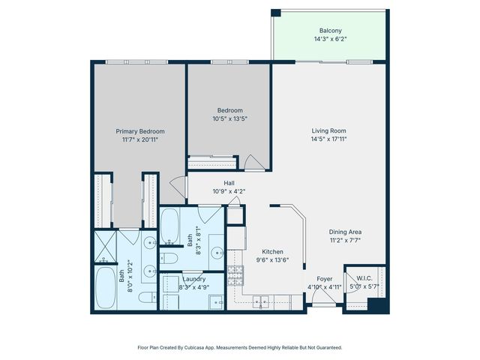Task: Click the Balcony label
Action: (331, 31)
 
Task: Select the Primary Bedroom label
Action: (139, 131)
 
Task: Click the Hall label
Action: (229, 183)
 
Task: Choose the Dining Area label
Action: (345, 232)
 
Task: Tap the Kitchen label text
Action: (273, 252)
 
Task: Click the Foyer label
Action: (324, 278)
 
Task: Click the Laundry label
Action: (194, 279)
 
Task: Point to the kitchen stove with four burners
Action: (235, 275)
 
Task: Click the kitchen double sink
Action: (262, 301)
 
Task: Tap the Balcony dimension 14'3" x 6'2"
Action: (331, 39)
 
